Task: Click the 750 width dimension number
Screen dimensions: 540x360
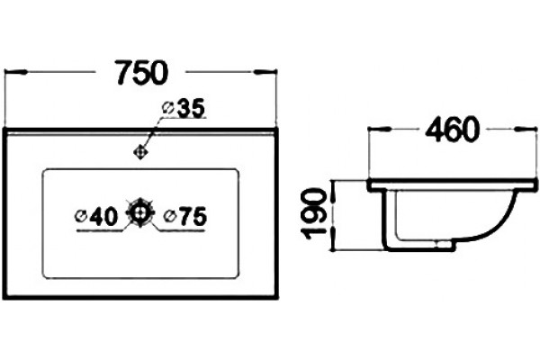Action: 142,73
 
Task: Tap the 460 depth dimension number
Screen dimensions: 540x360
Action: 453,130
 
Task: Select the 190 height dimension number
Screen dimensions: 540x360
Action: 314,213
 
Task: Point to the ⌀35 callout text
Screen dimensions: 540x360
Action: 184,108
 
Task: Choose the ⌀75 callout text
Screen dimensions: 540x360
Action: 185,217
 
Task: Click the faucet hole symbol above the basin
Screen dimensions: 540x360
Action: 140,152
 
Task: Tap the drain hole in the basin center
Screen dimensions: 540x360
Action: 140,213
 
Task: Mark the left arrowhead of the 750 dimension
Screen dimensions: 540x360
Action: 15,72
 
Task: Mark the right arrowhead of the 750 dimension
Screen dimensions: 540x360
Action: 265,72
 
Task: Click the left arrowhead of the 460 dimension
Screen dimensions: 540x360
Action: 380,130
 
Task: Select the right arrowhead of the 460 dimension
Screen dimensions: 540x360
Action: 526,130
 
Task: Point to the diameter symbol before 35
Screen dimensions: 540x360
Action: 167,108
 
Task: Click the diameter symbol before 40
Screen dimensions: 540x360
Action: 81,217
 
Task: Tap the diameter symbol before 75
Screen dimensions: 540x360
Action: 170,217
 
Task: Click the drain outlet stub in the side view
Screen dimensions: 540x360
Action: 445,244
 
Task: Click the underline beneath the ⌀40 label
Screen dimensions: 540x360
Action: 100,230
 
